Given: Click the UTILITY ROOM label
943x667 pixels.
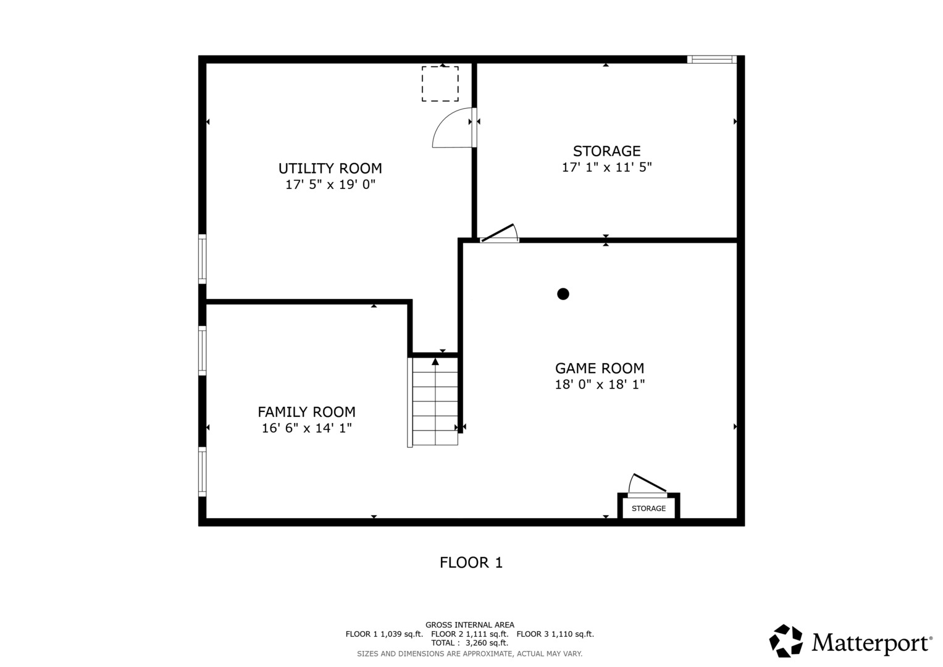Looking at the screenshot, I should pos(330,169).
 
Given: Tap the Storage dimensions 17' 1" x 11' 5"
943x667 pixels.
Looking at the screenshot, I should pos(606,167).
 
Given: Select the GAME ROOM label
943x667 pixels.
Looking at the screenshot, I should pos(599,369).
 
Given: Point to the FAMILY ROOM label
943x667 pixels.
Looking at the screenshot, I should pos(306,412).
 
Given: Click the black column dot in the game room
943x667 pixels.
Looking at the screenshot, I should pos(563,294).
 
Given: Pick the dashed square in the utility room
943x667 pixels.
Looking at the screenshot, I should pos(440,84).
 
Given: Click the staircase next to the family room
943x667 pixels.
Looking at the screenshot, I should pos(435,401).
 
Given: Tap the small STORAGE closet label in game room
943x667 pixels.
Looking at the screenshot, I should pos(648,508).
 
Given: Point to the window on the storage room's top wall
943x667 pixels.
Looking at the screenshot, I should pos(711,60).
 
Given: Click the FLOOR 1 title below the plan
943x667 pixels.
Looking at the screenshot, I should pos(471,563).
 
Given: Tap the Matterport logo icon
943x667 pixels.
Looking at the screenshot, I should pos(786,641).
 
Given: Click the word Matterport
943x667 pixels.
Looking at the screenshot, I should pos(871,643).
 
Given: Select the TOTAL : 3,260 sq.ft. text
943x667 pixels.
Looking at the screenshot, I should pos(469,643).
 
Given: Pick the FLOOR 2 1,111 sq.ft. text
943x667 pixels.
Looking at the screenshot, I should pos(469,634).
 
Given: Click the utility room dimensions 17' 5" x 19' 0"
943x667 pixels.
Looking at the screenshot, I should pos(330,185).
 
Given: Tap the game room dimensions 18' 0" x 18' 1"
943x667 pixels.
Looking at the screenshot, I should pos(599,385).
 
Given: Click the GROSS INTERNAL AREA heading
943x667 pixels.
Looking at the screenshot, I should pos(469,625).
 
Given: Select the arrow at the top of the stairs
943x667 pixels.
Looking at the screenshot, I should pos(435,361).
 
